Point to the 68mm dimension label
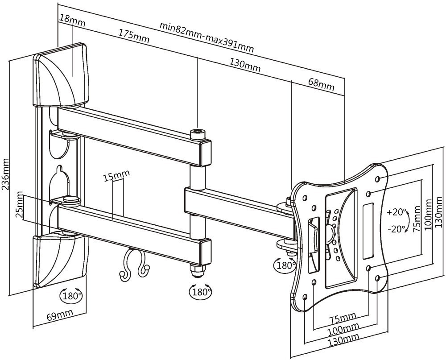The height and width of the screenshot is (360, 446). coord(322,84)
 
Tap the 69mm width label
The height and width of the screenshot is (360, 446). coord(60,315)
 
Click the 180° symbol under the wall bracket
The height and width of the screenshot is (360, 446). coord(71,296)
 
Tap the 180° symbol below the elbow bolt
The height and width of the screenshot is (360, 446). coord(201,291)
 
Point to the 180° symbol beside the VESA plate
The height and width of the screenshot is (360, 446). coord(285,265)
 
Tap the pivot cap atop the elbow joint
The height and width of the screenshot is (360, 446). coord(198,134)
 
